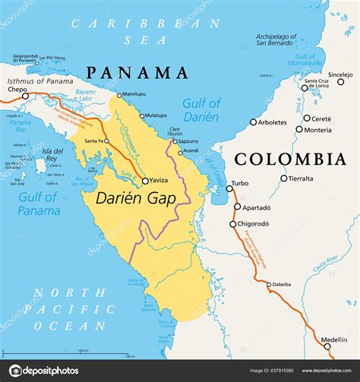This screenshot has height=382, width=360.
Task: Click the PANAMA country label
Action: (137, 73)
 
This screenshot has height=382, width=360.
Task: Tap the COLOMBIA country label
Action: (290, 159)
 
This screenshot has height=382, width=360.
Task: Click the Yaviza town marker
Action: (145, 181)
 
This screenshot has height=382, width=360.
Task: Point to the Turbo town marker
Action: (229, 188)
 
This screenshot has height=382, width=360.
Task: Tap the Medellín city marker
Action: (328, 346)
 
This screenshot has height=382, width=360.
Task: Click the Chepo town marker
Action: (25, 96)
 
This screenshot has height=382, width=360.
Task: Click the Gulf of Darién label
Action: (201, 110)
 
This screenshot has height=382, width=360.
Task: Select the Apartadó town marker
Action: (238, 207)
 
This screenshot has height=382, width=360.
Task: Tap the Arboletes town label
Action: (272, 122)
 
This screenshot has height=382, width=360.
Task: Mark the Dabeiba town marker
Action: (268, 285)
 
